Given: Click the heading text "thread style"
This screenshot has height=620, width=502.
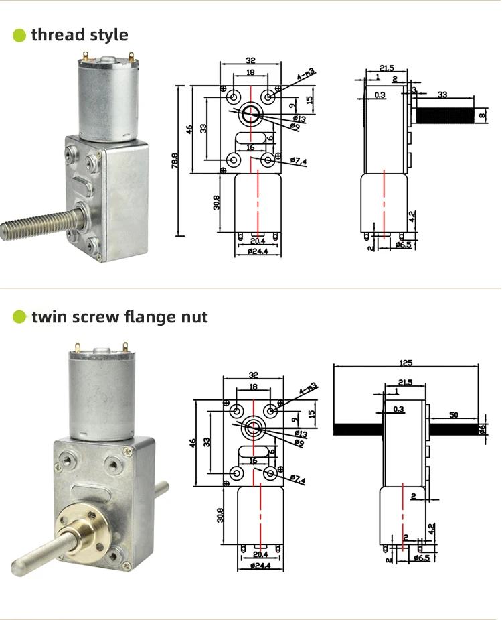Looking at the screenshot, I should point(80,35).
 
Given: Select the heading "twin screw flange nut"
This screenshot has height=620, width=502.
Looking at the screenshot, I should point(120,316).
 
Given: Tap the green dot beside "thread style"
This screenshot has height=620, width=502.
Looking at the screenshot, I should point(20,35).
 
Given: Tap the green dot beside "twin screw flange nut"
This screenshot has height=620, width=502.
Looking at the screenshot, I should point(20,316).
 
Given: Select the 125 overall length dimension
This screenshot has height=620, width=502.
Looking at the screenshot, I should point(406,363).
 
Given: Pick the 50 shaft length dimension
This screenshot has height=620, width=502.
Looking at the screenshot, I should point(454,416).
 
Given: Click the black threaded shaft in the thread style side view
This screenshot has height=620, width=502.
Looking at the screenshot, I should point(445,115).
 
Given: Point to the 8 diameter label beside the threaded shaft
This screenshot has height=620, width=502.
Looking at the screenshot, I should point(483,115).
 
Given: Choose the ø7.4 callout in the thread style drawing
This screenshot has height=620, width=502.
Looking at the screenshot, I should point(299,161).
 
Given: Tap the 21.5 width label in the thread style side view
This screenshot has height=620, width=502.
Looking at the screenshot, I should point(386,68).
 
